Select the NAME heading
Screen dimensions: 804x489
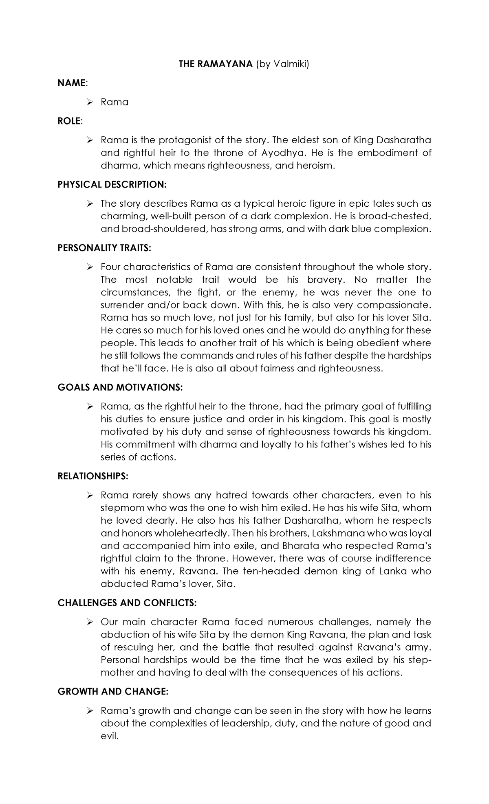point(72,83)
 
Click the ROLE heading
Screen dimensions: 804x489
point(70,121)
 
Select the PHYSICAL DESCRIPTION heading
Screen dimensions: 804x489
point(112,184)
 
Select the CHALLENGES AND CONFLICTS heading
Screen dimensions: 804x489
point(127,603)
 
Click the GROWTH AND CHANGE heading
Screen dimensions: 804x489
point(113,691)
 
